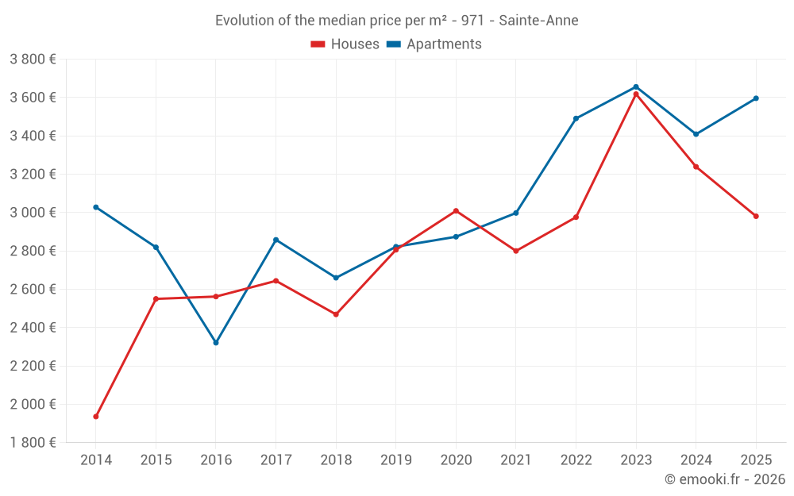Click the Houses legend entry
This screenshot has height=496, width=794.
(x=345, y=44)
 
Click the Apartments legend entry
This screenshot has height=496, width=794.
(x=434, y=44)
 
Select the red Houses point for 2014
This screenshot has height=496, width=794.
(x=96, y=417)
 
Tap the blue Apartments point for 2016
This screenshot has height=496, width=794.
(x=216, y=343)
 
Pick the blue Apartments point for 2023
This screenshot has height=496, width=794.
(x=636, y=87)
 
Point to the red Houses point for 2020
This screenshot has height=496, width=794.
(x=456, y=211)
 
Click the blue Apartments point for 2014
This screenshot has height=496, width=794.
(x=96, y=207)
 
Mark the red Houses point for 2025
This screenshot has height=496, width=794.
(x=756, y=216)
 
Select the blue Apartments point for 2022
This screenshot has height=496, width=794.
(x=576, y=118)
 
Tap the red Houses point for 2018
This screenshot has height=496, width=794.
(x=336, y=314)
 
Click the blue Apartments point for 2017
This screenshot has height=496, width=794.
(x=276, y=240)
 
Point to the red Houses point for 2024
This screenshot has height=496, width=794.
(x=696, y=167)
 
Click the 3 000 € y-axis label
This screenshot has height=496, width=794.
(x=33, y=213)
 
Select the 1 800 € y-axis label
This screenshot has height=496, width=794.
(x=33, y=443)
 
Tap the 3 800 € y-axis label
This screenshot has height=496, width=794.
(x=33, y=60)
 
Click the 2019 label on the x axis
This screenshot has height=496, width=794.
(x=396, y=460)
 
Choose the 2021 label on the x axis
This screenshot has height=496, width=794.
(x=516, y=460)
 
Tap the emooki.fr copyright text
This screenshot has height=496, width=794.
(x=725, y=479)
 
